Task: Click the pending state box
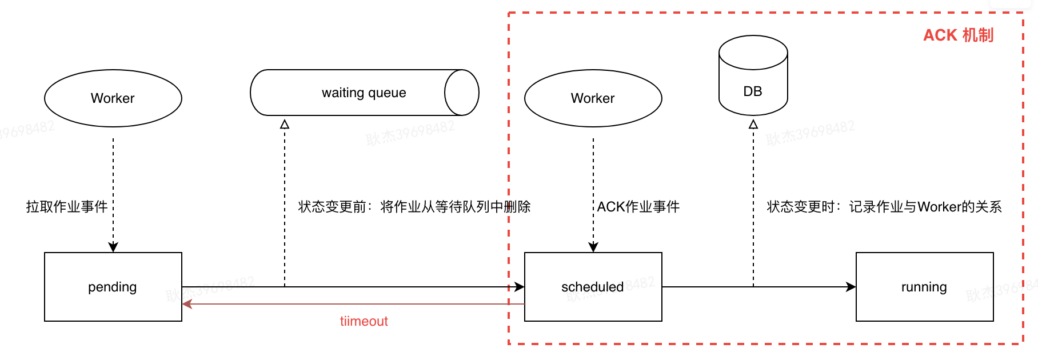tap(113, 287)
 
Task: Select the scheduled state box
tap(593, 287)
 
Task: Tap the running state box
tap(924, 287)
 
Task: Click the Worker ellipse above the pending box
tap(113, 98)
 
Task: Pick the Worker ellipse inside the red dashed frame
tap(593, 98)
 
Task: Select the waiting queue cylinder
tap(354, 93)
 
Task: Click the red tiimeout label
tap(364, 321)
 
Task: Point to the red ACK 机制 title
tap(959, 35)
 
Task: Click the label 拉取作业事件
tap(67, 207)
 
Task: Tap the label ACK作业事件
tap(638, 207)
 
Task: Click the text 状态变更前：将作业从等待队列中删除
tap(414, 207)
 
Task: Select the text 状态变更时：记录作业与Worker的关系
tap(884, 207)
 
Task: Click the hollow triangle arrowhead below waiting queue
tap(285, 124)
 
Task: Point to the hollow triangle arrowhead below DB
tap(753, 124)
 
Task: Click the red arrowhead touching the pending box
tap(187, 304)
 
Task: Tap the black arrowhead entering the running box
tap(851, 287)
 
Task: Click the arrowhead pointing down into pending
tap(113, 247)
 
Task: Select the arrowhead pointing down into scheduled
tap(593, 247)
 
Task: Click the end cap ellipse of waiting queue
tap(461, 93)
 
